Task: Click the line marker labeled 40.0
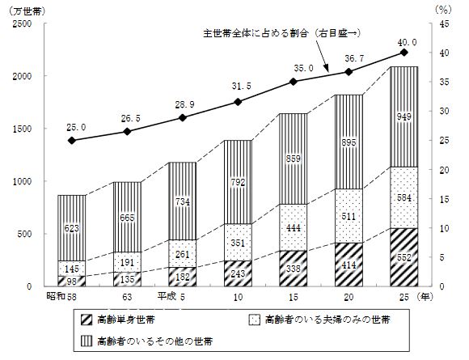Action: coord(404,53)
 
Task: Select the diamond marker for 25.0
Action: coord(71,140)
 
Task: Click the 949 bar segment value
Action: coord(404,116)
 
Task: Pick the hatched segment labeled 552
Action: coord(404,257)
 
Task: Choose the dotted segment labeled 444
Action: coord(293,228)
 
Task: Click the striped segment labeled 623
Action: coord(72,228)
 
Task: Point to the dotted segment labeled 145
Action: coord(72,269)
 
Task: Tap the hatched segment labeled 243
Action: coord(238,273)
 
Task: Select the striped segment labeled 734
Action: coord(183,201)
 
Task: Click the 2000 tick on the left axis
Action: coord(22,76)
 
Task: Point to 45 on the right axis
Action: coord(445,24)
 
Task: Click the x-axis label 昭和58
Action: coord(61,297)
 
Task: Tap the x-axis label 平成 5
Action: coord(171,297)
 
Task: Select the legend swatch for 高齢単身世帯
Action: coord(87,320)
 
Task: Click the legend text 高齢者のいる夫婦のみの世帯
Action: coord(327,320)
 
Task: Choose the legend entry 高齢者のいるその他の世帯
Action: coord(147,341)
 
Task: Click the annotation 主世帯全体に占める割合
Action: coord(256,33)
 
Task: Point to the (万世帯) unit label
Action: coord(27,11)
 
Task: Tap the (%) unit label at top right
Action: coord(443,10)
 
